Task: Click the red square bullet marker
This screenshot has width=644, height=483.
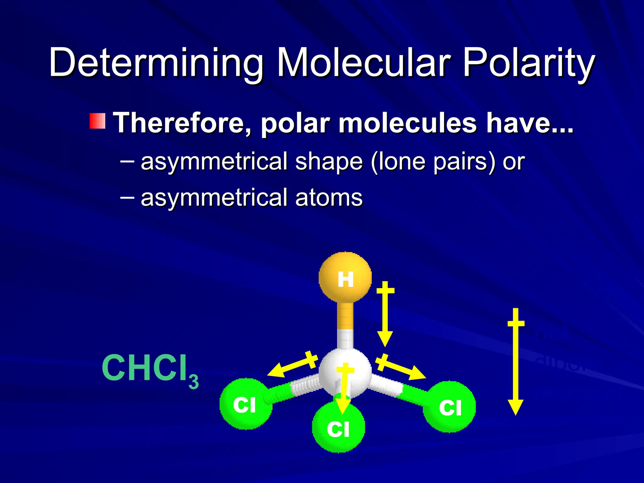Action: coord(97,121)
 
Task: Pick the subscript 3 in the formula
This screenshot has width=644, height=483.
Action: coord(194,382)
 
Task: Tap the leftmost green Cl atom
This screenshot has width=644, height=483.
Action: coord(246,404)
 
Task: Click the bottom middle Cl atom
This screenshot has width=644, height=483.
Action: coord(338,428)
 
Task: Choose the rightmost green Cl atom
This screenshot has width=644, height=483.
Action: coord(449,407)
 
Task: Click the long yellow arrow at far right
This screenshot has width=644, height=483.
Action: coord(516,362)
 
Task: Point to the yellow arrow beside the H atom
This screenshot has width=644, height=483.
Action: coord(385,314)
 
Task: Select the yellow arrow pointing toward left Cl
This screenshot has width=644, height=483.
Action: coord(292,365)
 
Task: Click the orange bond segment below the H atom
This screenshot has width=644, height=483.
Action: coord(345,316)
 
